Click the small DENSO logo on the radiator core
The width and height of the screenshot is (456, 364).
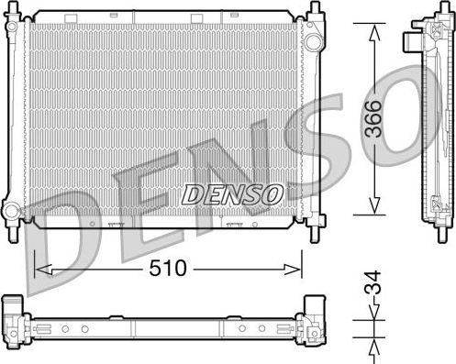tap(231, 193)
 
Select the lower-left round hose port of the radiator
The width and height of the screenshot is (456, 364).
tap(11, 212)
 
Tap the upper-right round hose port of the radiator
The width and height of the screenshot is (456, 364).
tap(314, 42)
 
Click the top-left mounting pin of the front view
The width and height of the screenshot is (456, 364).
tap(12, 9)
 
